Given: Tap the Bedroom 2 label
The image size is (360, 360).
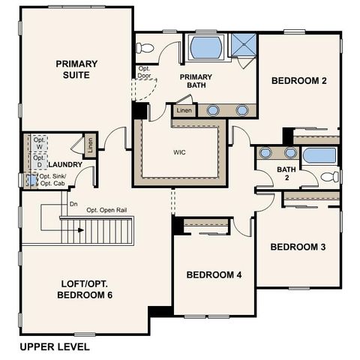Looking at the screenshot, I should [x=298, y=81].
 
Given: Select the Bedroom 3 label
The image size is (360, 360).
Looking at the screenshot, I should [x=297, y=247].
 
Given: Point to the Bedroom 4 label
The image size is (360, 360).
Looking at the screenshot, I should [x=214, y=275].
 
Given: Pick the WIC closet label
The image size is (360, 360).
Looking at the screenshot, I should [x=179, y=153].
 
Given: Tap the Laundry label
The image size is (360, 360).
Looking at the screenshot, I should [x=64, y=164].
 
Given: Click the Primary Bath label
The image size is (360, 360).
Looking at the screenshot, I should [x=195, y=81].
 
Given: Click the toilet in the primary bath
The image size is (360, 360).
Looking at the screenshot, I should [x=145, y=48].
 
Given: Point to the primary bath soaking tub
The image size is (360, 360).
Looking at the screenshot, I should [x=205, y=47].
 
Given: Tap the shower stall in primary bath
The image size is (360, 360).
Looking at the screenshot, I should [x=242, y=45].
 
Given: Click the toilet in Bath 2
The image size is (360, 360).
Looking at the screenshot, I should [x=329, y=177].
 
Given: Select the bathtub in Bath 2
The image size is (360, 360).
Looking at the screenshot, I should [x=319, y=156].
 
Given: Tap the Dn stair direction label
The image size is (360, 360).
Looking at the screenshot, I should [x=73, y=204].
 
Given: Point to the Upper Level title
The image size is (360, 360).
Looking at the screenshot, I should [x=55, y=346].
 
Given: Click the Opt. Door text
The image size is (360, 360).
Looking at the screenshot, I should [x=144, y=72].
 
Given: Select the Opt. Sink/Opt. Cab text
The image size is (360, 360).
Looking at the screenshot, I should [x=57, y=180].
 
